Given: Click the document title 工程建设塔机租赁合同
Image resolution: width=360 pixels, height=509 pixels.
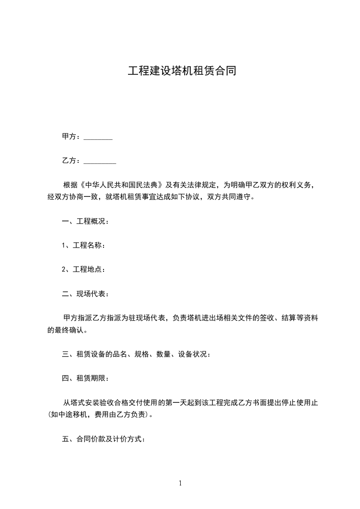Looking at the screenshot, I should [182, 71].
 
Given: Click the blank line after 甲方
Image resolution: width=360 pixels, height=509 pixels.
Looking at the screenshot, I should [98, 137].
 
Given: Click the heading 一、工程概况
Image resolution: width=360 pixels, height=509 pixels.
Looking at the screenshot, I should [85, 222].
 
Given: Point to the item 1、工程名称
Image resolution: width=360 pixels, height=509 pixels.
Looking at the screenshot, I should [84, 245].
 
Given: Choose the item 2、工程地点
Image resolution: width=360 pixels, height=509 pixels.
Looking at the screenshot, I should [84, 269].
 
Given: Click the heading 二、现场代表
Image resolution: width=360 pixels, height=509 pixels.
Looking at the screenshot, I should [85, 294].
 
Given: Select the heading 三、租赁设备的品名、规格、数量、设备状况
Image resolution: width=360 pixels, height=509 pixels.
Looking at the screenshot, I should [136, 354].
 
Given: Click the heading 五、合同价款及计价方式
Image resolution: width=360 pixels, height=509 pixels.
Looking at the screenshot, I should [104, 439].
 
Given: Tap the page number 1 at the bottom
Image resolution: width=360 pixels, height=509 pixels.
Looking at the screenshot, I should [180, 483].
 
